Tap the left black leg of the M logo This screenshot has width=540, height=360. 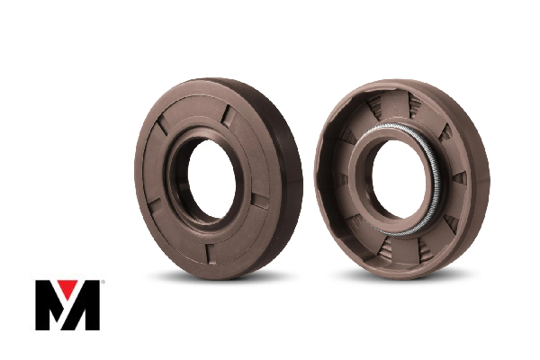click(x=44, y=306)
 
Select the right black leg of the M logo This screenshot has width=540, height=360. click(x=91, y=306)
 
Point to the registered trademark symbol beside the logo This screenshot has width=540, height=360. click(x=103, y=283)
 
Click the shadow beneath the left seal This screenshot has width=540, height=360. click(x=216, y=274)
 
